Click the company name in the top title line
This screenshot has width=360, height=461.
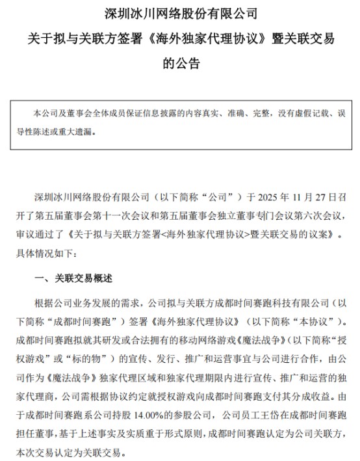pos(180,12)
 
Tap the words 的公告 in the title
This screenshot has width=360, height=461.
pos(180,64)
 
